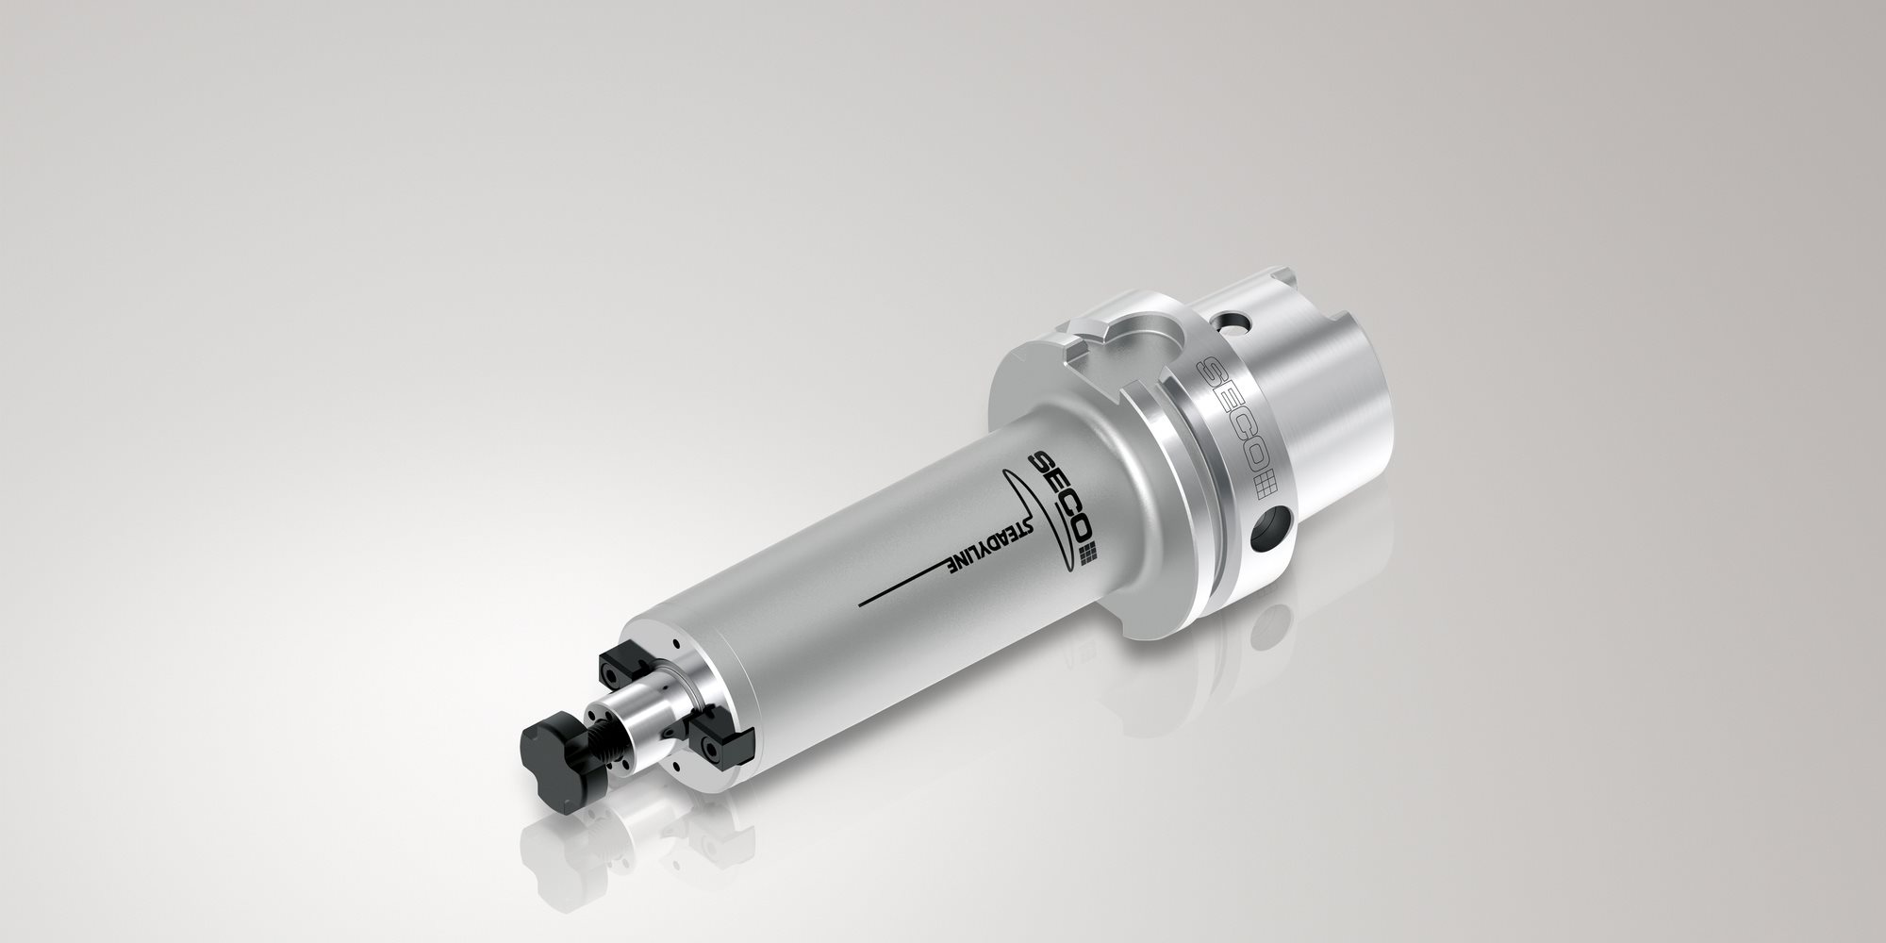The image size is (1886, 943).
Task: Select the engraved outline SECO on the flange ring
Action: coord(1230,413)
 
